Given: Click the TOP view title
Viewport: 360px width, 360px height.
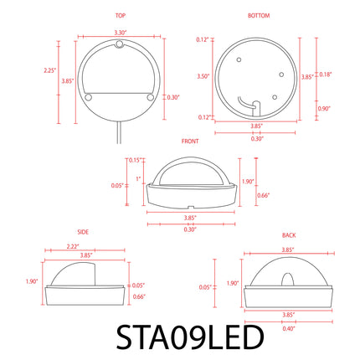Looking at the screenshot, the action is pos(121,16).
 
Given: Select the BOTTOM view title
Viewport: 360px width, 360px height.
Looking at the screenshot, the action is pos(259,16).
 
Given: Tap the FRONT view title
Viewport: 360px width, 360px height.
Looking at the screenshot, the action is pos(190,141).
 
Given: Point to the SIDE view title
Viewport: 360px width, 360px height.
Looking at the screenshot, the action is pos(83,232).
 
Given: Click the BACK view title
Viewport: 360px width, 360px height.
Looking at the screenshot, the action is pos(289,235).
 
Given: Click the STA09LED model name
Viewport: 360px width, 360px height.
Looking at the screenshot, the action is pos(190,337).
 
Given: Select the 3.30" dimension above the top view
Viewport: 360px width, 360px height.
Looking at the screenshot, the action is pos(121,33).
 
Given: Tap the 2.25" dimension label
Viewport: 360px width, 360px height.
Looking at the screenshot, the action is pos(50,70).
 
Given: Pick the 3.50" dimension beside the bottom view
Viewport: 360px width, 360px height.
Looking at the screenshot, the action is pos(203,76).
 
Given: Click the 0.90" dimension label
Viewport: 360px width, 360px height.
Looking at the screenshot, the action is pos(324,108).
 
